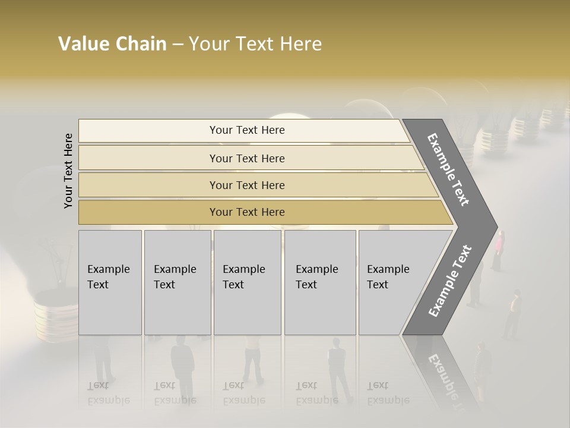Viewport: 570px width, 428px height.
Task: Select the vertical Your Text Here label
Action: [x=68, y=171]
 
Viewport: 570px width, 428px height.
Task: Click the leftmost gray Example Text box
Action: [x=110, y=282]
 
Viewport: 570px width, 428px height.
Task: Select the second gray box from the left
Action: [x=178, y=282]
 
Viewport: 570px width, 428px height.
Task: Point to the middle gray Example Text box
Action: [x=247, y=282]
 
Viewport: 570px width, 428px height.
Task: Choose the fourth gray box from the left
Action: [x=320, y=282]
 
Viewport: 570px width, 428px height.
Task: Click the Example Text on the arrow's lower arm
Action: [x=449, y=281]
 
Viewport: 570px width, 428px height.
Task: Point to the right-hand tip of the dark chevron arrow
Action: [x=496, y=226]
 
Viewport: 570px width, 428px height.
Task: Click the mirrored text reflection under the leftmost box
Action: [x=108, y=392]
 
